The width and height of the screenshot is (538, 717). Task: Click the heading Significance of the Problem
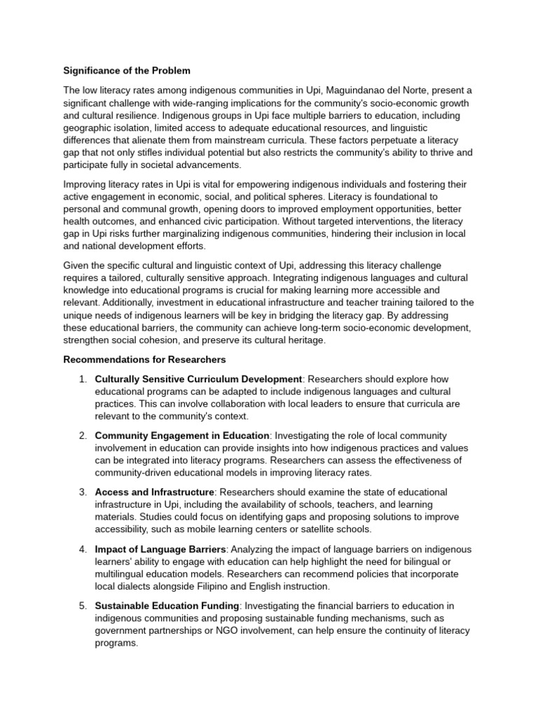pyautogui.click(x=127, y=71)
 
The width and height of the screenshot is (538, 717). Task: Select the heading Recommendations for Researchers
pyautogui.click(x=144, y=360)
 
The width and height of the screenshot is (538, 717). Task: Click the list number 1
pyautogui.click(x=83, y=379)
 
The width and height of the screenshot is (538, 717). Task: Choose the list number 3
pyautogui.click(x=83, y=492)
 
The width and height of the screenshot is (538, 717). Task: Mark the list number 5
pyautogui.click(x=83, y=606)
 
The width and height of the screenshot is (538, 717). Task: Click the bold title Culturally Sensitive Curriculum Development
pyautogui.click(x=198, y=379)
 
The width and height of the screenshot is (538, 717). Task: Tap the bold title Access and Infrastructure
pyautogui.click(x=154, y=492)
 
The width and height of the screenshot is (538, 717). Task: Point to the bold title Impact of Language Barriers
pyautogui.click(x=161, y=549)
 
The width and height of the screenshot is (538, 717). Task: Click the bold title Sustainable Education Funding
pyautogui.click(x=167, y=606)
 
